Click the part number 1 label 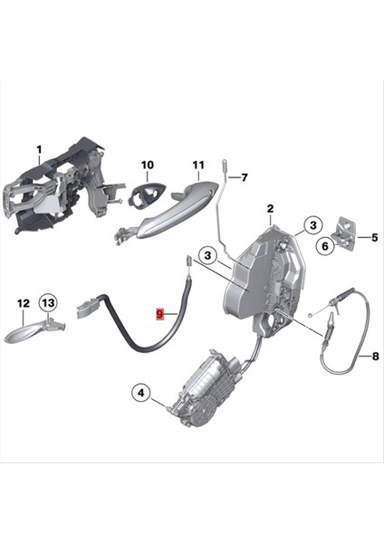[x=39, y=148]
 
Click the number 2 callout [x=269, y=210]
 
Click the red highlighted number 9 [x=160, y=314]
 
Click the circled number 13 [x=48, y=302]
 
